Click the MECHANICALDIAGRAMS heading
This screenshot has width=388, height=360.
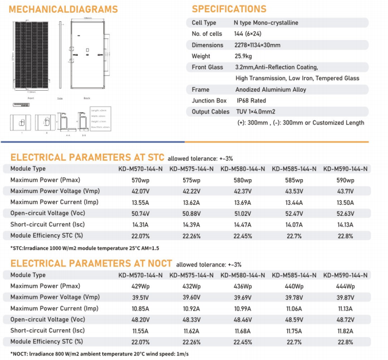(64, 9)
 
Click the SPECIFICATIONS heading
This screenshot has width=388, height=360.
(229, 9)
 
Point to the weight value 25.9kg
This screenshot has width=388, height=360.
(245, 56)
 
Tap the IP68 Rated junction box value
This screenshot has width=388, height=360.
(251, 101)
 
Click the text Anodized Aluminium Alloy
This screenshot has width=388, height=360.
(271, 90)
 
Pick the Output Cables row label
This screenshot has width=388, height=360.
(210, 112)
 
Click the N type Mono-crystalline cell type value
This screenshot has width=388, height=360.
(266, 23)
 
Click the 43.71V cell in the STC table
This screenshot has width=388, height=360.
(345, 191)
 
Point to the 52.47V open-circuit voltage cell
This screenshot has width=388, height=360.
(293, 214)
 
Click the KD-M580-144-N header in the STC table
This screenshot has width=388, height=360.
(242, 169)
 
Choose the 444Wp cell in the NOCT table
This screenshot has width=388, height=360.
(345, 286)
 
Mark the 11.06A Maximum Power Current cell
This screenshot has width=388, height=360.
(293, 308)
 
